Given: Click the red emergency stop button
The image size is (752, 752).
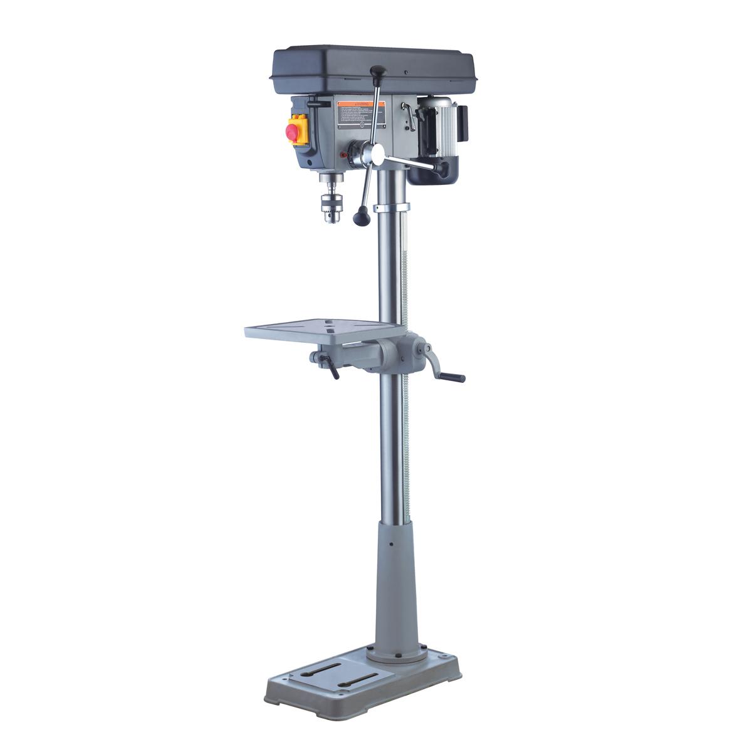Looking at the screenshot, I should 292,132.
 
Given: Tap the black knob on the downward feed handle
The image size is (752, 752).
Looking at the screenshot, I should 359,218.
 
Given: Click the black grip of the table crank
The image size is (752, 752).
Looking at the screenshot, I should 456,378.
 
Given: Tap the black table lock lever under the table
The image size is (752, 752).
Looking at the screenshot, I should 332,370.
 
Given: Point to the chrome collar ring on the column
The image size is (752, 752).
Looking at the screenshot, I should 392,207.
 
